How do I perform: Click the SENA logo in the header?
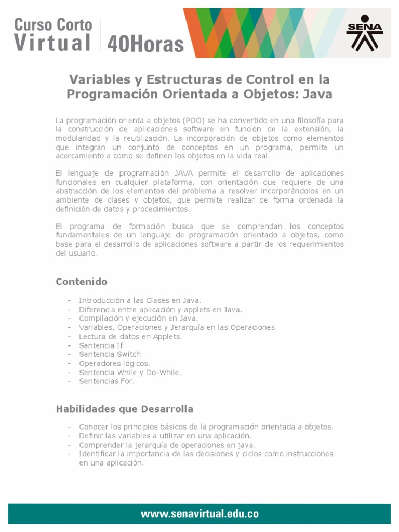(364, 32)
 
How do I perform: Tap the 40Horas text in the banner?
(145, 44)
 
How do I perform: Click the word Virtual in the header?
(52, 43)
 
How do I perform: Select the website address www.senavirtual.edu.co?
(199, 514)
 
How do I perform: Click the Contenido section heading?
(82, 282)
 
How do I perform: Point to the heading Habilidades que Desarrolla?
(124, 409)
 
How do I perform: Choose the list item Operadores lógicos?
(114, 363)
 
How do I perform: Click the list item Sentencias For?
(107, 381)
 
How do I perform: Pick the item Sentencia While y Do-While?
(130, 372)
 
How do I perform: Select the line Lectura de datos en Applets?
(130, 337)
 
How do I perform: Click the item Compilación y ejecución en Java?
(138, 318)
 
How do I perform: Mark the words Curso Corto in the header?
(53, 24)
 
